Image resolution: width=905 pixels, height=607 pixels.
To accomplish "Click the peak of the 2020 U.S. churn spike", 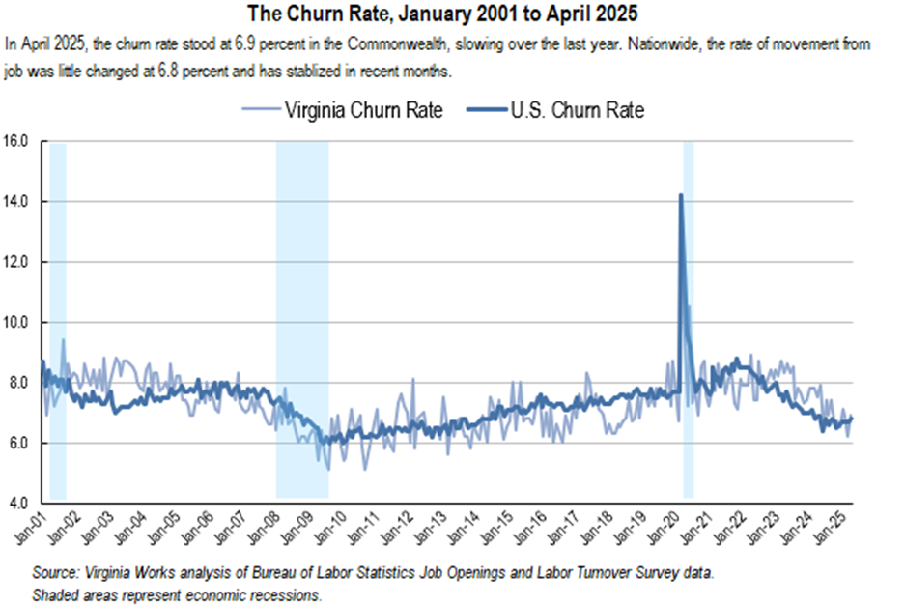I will (681, 195).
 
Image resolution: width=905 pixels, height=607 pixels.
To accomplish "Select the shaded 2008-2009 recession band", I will (302, 319).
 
